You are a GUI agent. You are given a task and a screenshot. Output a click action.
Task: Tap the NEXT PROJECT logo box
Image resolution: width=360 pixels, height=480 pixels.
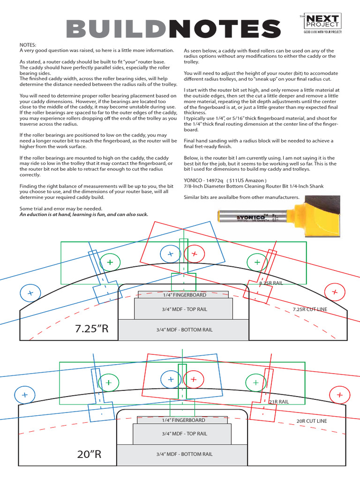point(323,22)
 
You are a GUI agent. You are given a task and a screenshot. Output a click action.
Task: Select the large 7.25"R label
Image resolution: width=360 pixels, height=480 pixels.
point(92,328)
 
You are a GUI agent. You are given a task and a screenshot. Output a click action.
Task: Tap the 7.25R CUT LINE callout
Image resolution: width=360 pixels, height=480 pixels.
point(310,310)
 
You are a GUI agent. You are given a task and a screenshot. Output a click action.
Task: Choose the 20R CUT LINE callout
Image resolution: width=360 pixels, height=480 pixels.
point(312,421)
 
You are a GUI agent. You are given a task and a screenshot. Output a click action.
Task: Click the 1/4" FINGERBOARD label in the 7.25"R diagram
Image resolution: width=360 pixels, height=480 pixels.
point(184,295)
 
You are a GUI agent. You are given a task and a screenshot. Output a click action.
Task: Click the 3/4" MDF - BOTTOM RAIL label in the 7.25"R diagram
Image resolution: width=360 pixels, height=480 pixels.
point(184,330)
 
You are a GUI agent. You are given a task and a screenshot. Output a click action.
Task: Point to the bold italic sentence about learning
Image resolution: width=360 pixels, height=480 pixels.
point(84,214)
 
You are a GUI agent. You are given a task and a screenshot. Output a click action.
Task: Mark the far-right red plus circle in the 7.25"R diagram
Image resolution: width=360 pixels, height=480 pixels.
point(335,292)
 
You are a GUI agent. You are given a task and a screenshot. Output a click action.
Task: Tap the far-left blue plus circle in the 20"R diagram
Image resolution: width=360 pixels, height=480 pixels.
point(24,395)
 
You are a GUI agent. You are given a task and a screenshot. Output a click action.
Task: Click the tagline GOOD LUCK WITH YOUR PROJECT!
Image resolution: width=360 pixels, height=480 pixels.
point(323,32)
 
